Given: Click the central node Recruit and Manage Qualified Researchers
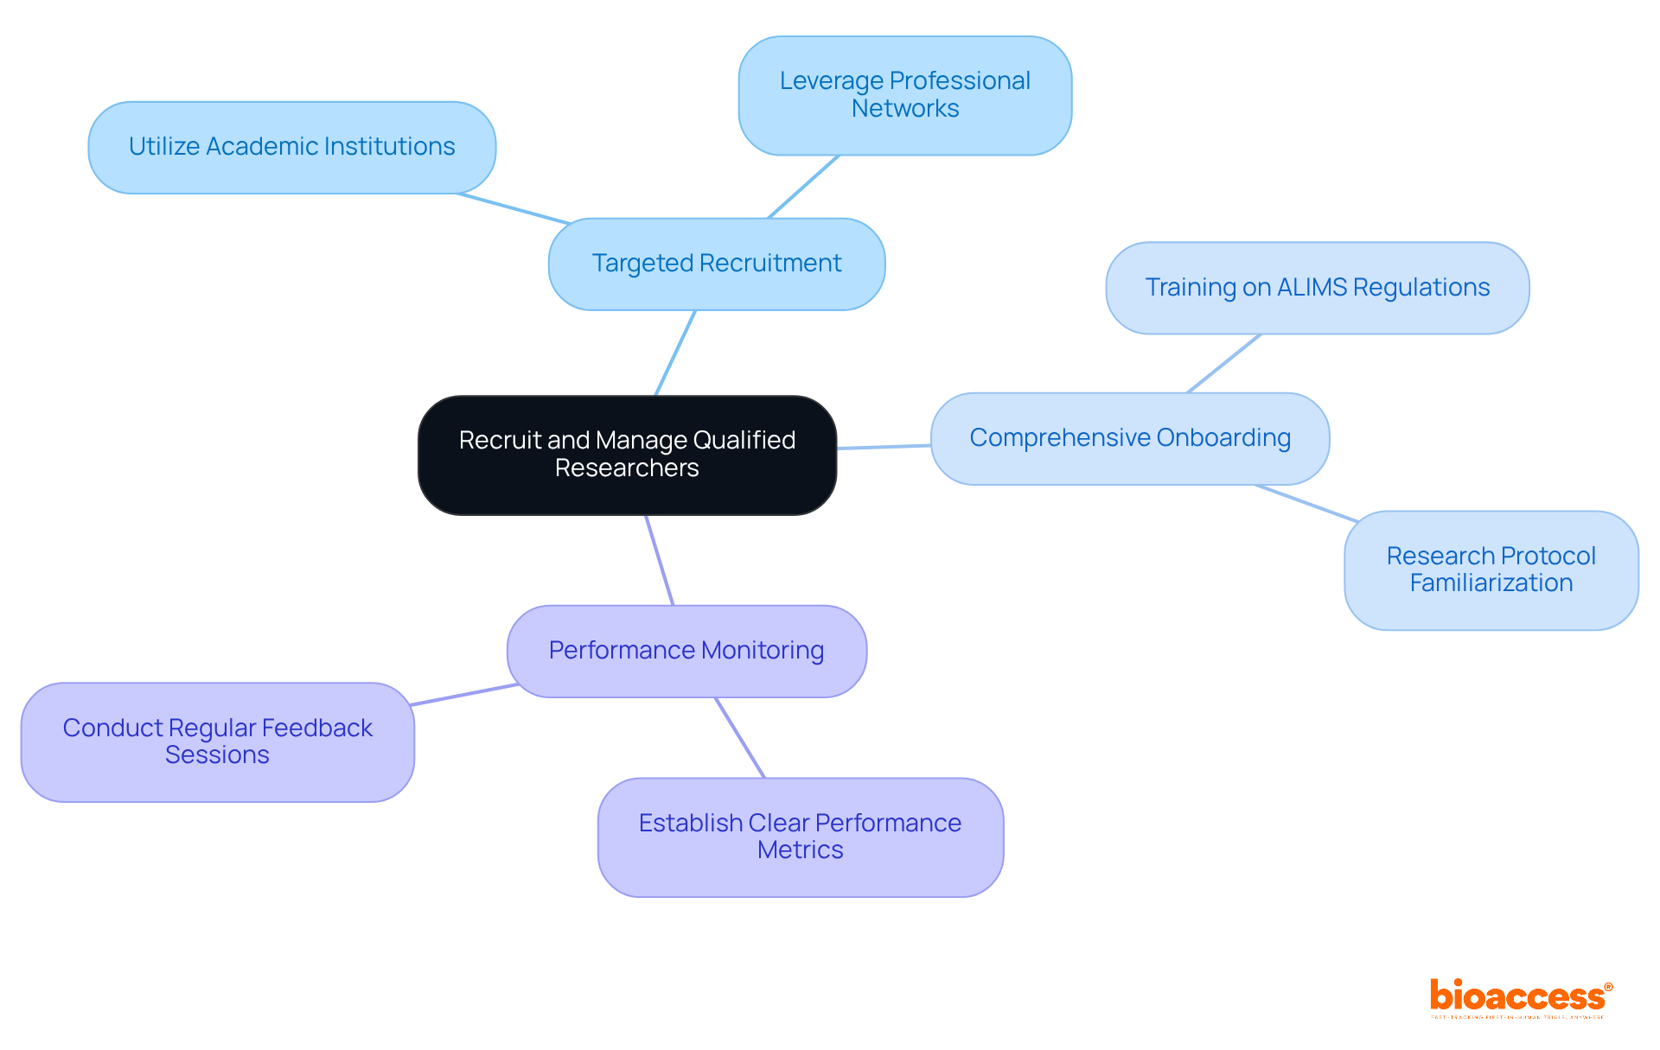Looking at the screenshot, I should click(627, 455).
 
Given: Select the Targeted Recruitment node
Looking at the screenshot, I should click(716, 264).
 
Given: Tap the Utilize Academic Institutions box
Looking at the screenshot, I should click(291, 147).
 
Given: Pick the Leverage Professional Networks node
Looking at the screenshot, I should click(904, 95).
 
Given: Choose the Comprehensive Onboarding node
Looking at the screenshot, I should click(1129, 438).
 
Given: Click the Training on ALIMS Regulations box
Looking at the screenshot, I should click(1317, 288).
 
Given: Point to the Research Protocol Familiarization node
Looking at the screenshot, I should click(1491, 570).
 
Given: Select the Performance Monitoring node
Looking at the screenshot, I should click(686, 651).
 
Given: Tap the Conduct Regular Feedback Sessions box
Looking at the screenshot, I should click(217, 741).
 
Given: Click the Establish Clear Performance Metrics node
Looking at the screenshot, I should click(800, 837).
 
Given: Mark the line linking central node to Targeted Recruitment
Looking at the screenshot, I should click(675, 353).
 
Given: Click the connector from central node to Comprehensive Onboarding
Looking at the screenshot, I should click(884, 447).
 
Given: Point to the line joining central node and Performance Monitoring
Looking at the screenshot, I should click(660, 560).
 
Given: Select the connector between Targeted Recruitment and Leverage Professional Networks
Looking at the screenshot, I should click(803, 187).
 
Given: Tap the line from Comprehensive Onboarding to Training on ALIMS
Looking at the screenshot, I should click(1224, 363).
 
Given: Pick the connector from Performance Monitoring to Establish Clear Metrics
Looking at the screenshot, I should click(740, 737).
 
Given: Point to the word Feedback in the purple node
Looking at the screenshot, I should click(316, 729).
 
